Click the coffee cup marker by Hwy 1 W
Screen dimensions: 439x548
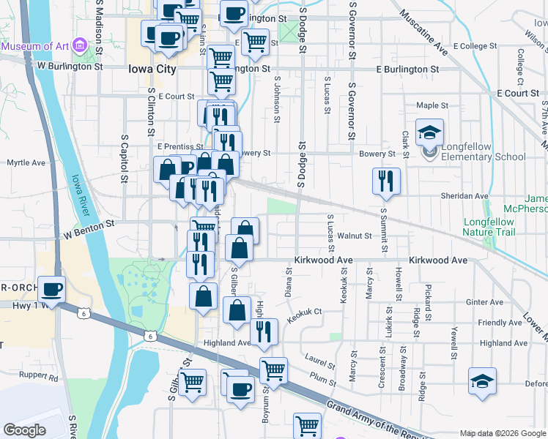click(x=52, y=290)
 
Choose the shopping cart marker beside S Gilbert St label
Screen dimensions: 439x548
click(x=192, y=381)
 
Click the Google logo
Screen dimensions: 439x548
click(x=24, y=429)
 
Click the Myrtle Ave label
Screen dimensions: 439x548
click(x=26, y=162)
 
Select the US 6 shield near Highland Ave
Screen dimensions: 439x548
click(x=150, y=336)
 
